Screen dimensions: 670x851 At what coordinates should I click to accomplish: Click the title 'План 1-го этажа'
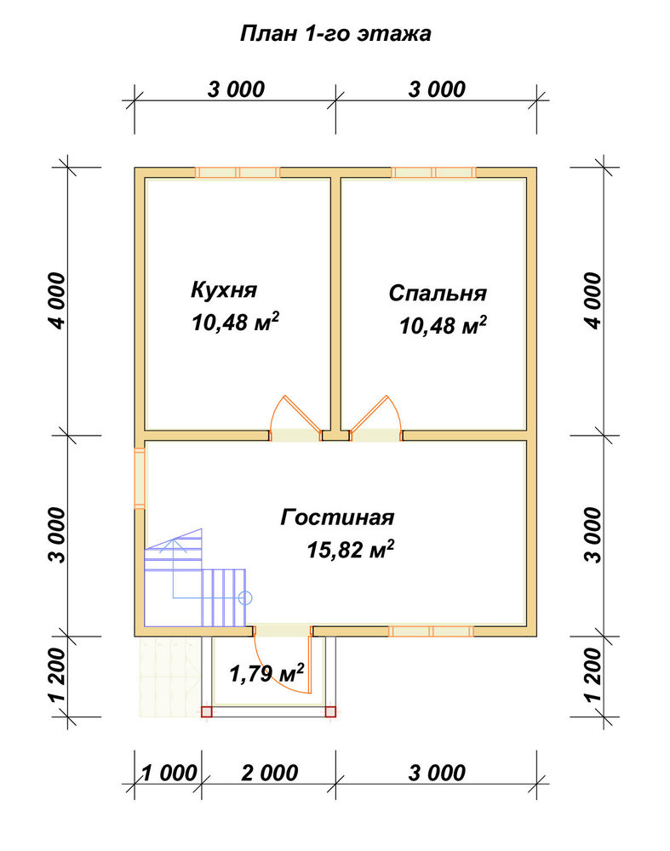pos(335,34)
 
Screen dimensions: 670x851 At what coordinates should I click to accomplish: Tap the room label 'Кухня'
pos(224,290)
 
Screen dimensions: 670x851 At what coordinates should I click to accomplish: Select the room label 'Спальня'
pos(438,293)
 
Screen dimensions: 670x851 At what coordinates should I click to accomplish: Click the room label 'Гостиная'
pos(337,517)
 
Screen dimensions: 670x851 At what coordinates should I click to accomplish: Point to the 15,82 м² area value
pos(350,549)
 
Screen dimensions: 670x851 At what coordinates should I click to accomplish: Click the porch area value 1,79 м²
pos(266,673)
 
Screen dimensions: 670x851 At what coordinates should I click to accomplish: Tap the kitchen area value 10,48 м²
pos(235,323)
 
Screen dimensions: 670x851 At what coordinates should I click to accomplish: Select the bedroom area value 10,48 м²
pos(443,326)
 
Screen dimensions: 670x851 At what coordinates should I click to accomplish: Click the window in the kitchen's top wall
pos(238,173)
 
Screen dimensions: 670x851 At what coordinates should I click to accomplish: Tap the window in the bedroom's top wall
pos(433,173)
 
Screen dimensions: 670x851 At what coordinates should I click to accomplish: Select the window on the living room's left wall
pos(140,478)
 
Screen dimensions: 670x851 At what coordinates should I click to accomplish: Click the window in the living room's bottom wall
pos(431,631)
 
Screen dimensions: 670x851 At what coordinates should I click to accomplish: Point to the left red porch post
pos(206,711)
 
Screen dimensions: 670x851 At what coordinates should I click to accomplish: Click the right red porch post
pos(330,711)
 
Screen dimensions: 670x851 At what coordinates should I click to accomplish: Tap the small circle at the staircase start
pos(245,598)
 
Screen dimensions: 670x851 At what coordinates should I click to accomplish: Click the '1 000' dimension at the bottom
pos(169,773)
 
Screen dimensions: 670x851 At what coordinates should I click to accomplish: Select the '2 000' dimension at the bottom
pos(270,773)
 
